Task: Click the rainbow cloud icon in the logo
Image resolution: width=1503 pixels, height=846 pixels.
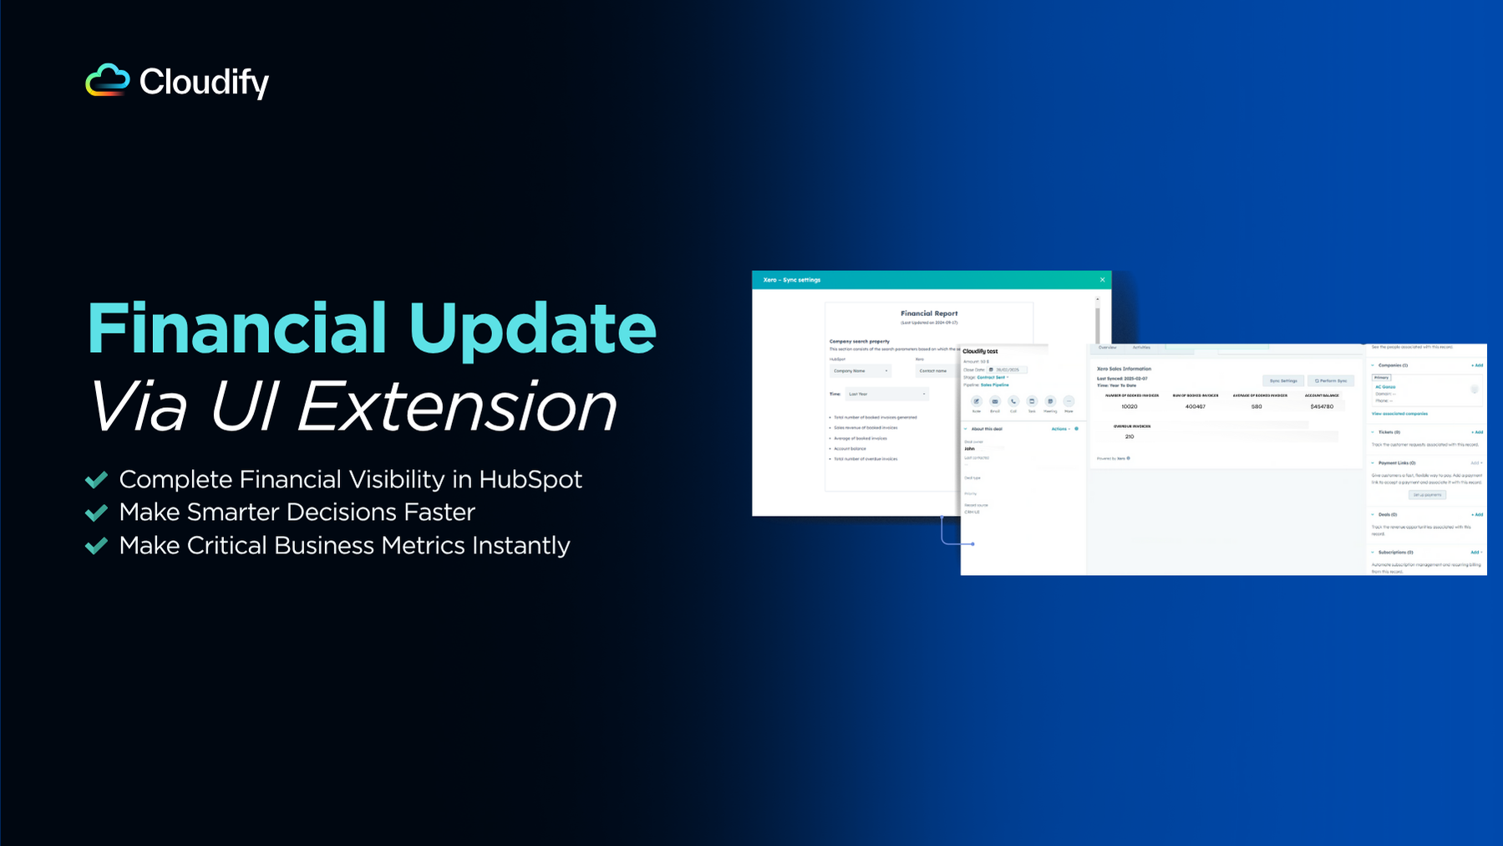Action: (108, 80)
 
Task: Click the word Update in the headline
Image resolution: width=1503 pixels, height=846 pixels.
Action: (532, 329)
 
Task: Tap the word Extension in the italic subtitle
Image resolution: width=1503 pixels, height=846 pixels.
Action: (457, 407)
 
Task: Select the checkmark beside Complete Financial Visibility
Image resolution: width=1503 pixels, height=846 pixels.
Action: (97, 479)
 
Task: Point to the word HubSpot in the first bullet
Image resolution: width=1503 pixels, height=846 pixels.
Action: (531, 479)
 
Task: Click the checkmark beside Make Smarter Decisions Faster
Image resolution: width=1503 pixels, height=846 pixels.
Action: (97, 512)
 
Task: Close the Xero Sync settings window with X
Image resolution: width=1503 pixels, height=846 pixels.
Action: (1102, 280)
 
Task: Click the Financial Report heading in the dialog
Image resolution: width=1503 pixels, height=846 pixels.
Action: (929, 313)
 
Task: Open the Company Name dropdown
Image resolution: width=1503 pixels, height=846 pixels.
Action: (861, 370)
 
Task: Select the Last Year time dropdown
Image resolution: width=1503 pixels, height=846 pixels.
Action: (886, 394)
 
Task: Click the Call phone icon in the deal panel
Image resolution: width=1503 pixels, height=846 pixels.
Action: (1013, 401)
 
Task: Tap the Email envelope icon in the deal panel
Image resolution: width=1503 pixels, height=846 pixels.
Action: (995, 401)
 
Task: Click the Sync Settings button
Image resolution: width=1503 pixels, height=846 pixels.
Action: (1283, 380)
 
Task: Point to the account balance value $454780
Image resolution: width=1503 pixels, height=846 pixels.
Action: (1322, 406)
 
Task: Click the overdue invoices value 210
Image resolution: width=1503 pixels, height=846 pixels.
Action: (1130, 436)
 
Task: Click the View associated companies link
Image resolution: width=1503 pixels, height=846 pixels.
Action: (1399, 414)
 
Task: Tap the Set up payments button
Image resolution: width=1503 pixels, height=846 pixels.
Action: (1428, 495)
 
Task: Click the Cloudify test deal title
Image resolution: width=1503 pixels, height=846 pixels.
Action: (980, 351)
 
